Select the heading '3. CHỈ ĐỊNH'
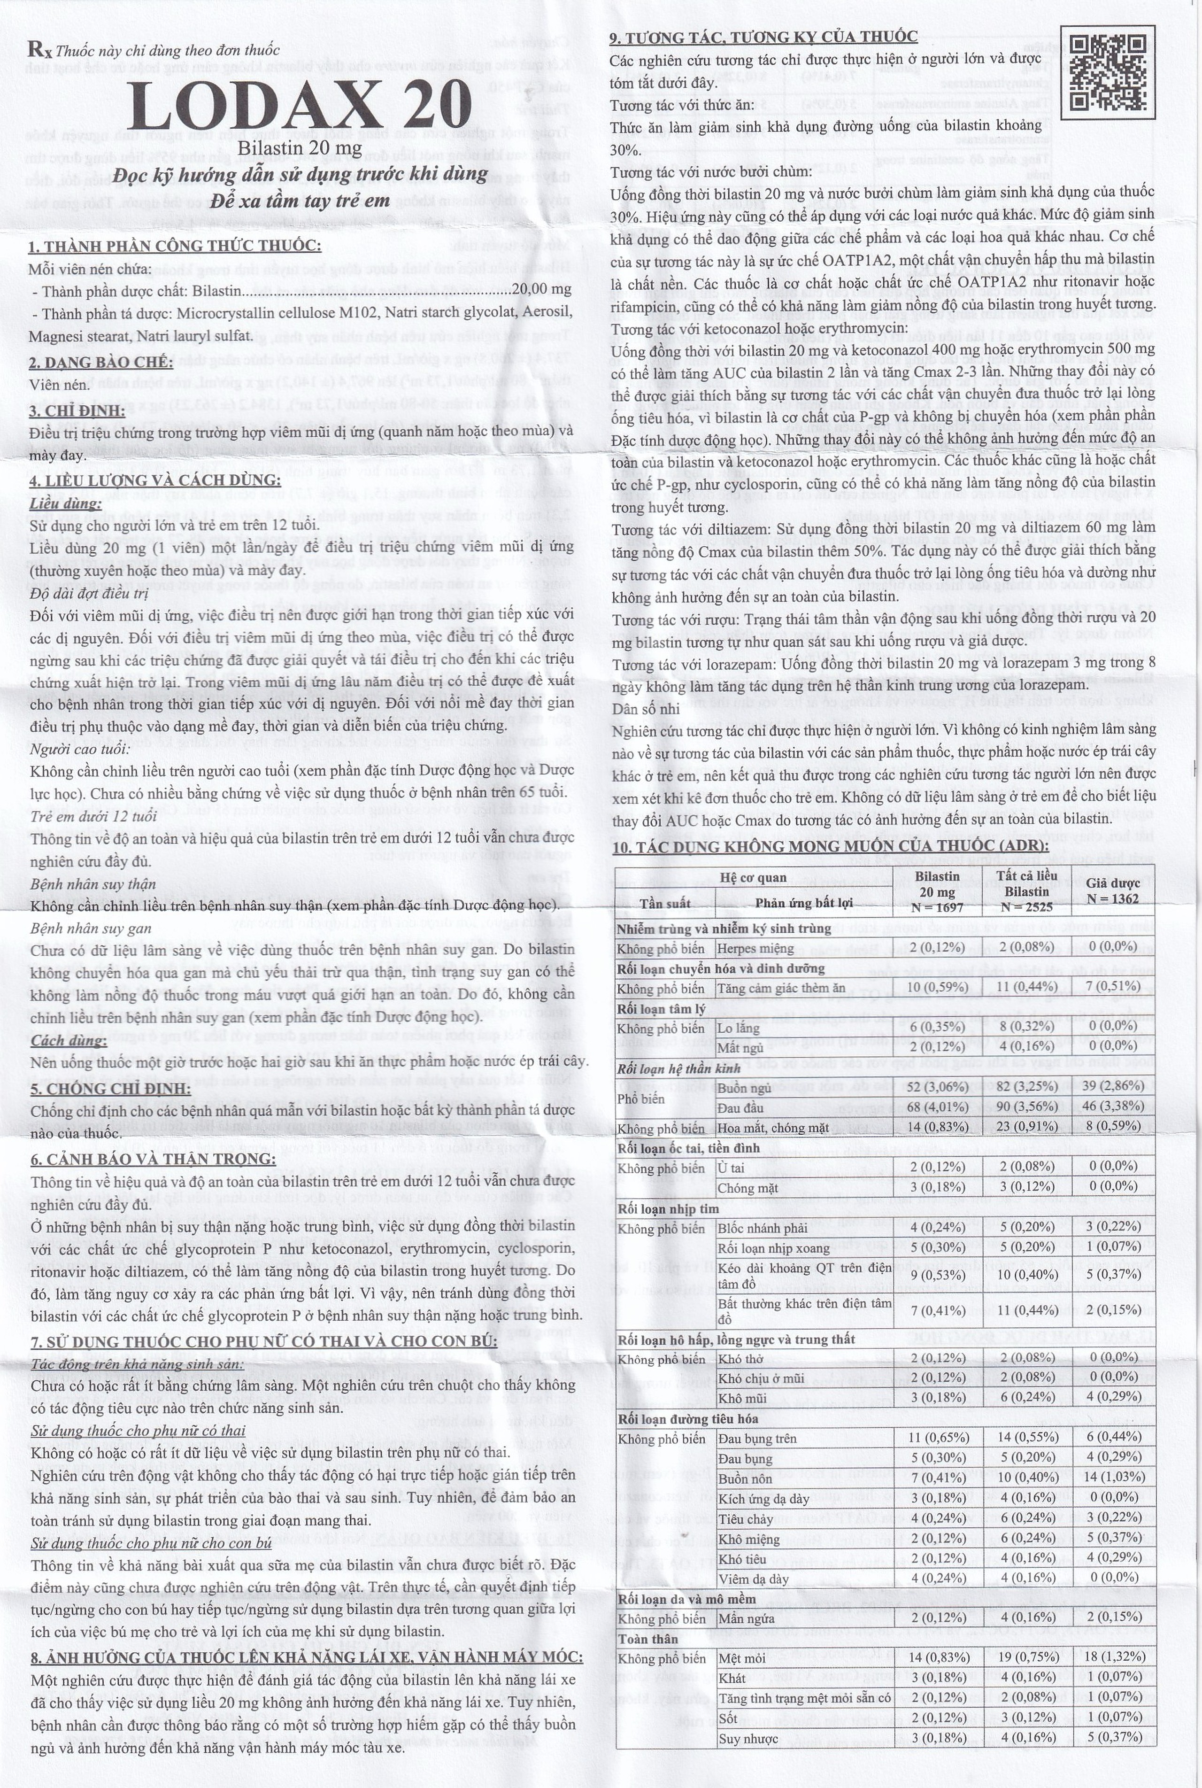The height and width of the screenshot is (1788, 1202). click(77, 411)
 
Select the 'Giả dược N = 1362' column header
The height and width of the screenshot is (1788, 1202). click(1112, 890)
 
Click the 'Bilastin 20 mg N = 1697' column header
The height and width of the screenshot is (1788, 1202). click(938, 890)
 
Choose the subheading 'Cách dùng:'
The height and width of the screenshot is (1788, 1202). click(68, 1040)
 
